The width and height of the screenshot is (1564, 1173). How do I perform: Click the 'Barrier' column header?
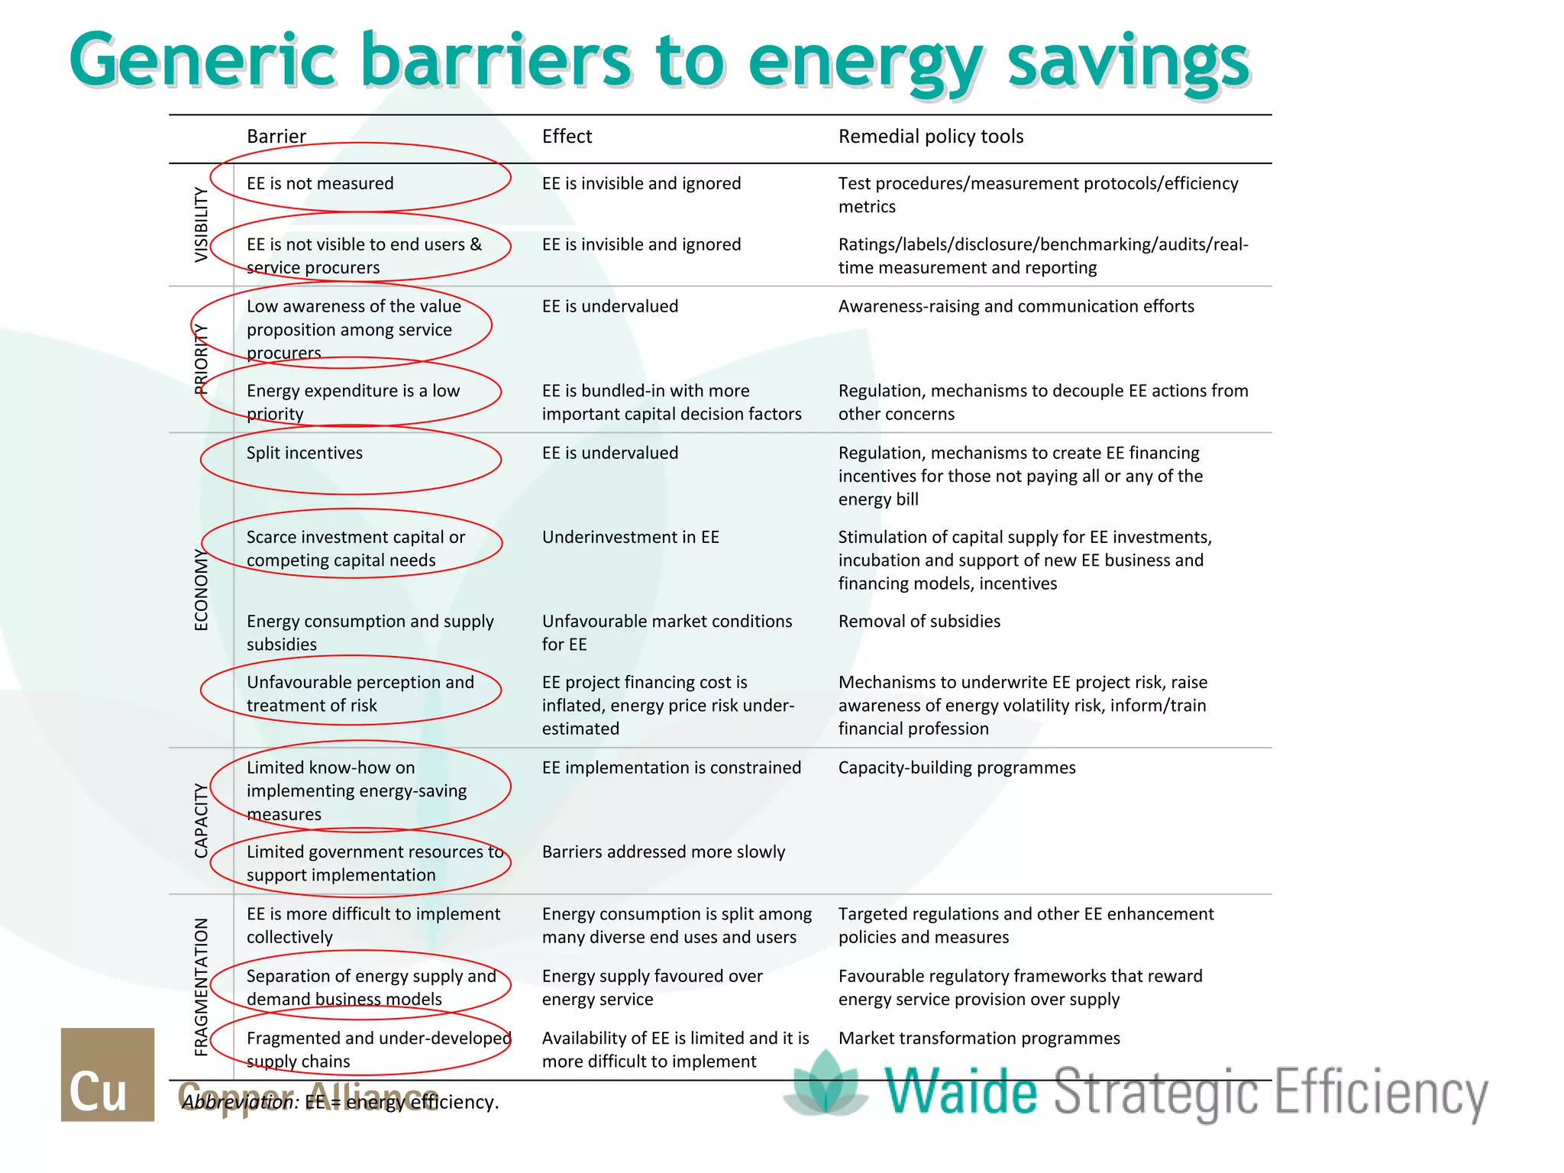point(276,137)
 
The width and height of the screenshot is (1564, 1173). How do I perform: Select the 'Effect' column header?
point(567,137)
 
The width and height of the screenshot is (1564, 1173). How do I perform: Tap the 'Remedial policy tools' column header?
point(930,137)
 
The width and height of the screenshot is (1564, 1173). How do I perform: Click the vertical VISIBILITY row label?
point(201,225)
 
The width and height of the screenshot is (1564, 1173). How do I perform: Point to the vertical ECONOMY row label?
point(201,589)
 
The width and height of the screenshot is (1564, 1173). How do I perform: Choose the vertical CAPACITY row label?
point(201,820)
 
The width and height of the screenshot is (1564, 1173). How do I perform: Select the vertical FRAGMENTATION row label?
point(201,987)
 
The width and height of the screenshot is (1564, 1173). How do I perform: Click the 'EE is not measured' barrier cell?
point(320,183)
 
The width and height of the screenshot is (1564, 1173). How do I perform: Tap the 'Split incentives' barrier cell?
point(304,453)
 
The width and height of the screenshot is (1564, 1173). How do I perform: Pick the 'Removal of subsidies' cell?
point(919,622)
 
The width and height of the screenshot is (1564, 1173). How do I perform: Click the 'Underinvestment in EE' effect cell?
point(630,538)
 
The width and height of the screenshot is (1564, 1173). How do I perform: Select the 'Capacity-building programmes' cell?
point(956,767)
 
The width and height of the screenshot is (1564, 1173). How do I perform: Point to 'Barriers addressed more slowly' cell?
point(663,851)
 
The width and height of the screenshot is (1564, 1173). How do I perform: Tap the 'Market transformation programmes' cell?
point(979,1039)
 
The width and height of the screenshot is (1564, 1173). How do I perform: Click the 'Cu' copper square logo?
point(108,1074)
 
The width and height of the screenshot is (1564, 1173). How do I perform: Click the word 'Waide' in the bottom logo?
point(961,1091)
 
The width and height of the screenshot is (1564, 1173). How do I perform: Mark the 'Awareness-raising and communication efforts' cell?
point(1016,306)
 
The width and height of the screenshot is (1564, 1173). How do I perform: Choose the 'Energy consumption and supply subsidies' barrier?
point(370,632)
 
